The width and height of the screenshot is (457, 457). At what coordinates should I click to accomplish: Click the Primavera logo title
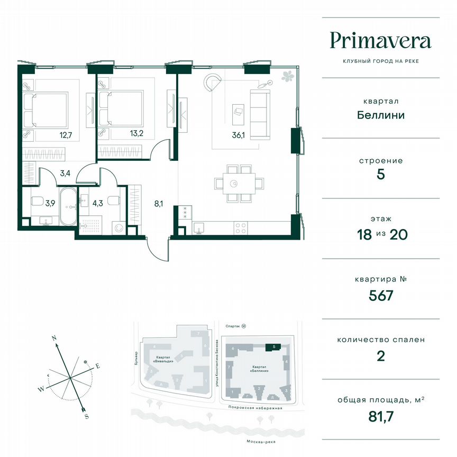(x=380, y=40)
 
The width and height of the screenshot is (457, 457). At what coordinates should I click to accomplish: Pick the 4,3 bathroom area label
(x=98, y=202)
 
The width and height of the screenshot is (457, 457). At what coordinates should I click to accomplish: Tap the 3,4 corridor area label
(x=65, y=172)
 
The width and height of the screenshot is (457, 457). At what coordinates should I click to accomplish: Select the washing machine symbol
(x=120, y=229)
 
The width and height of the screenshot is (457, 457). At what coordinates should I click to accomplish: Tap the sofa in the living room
(x=260, y=115)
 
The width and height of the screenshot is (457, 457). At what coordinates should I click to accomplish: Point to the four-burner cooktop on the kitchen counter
(x=240, y=228)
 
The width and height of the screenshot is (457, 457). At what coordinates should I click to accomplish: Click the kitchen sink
(x=198, y=228)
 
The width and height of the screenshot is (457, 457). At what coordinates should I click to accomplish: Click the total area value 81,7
(x=381, y=416)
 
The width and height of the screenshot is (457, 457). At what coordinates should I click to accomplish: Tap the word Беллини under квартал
(x=380, y=115)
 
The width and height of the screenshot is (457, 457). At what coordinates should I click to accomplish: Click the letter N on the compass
(x=53, y=337)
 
